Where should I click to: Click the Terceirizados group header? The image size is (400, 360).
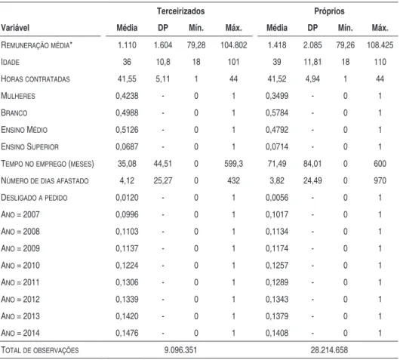(180, 11)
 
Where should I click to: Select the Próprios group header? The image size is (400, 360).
(329, 11)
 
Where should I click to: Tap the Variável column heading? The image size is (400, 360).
(15, 28)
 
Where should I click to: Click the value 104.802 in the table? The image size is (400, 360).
(234, 45)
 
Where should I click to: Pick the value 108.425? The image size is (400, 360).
(380, 45)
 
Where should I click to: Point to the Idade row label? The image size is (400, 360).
(11, 62)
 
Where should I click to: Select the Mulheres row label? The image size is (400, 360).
(18, 96)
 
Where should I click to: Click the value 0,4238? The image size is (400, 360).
(127, 96)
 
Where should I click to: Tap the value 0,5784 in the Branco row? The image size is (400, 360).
(277, 112)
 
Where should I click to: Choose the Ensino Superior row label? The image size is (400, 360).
(30, 146)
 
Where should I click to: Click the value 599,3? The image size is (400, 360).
(234, 164)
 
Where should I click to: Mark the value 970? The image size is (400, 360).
(380, 180)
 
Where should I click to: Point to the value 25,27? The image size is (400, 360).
(163, 180)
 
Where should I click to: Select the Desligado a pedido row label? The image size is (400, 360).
(34, 198)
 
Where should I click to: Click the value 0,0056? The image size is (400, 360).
(277, 198)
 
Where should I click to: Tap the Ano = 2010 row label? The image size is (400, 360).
(20, 266)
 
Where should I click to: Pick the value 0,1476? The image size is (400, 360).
(127, 334)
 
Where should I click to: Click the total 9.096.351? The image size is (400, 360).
(180, 350)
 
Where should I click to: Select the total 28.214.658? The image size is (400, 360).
(329, 350)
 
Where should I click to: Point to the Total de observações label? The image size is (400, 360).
(40, 350)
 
